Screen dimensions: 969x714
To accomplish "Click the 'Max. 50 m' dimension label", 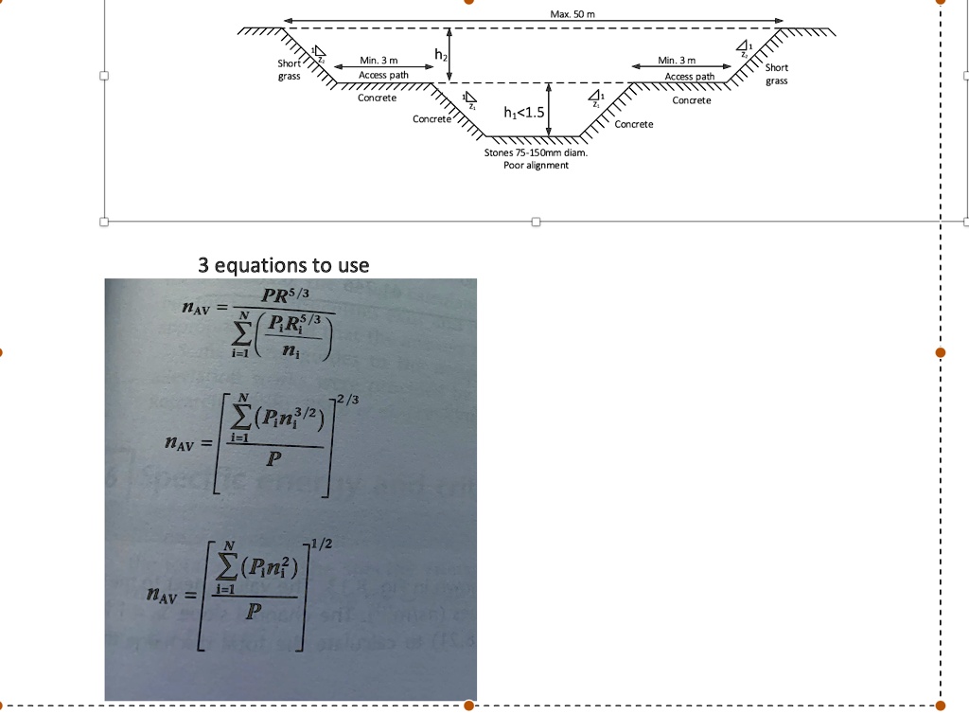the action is coord(571,14).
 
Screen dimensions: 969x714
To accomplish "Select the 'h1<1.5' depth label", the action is coord(524,114).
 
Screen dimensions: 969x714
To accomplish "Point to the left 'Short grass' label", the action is coord(289,70).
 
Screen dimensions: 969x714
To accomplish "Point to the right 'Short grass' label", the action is coord(777,74).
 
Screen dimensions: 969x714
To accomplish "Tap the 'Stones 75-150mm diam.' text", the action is coord(536,152).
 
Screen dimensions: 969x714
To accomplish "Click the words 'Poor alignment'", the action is coord(536,165).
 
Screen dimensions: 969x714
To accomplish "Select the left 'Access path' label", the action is coord(383,76).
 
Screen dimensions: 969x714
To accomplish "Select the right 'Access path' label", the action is coord(690,77).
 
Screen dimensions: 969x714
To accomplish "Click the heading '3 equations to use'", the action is coord(283,264).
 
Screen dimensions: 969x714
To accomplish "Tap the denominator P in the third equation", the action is coord(251,614).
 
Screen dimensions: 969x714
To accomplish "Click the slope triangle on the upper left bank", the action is coord(319,52).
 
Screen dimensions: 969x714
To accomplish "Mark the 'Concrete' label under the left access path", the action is coord(378,98).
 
